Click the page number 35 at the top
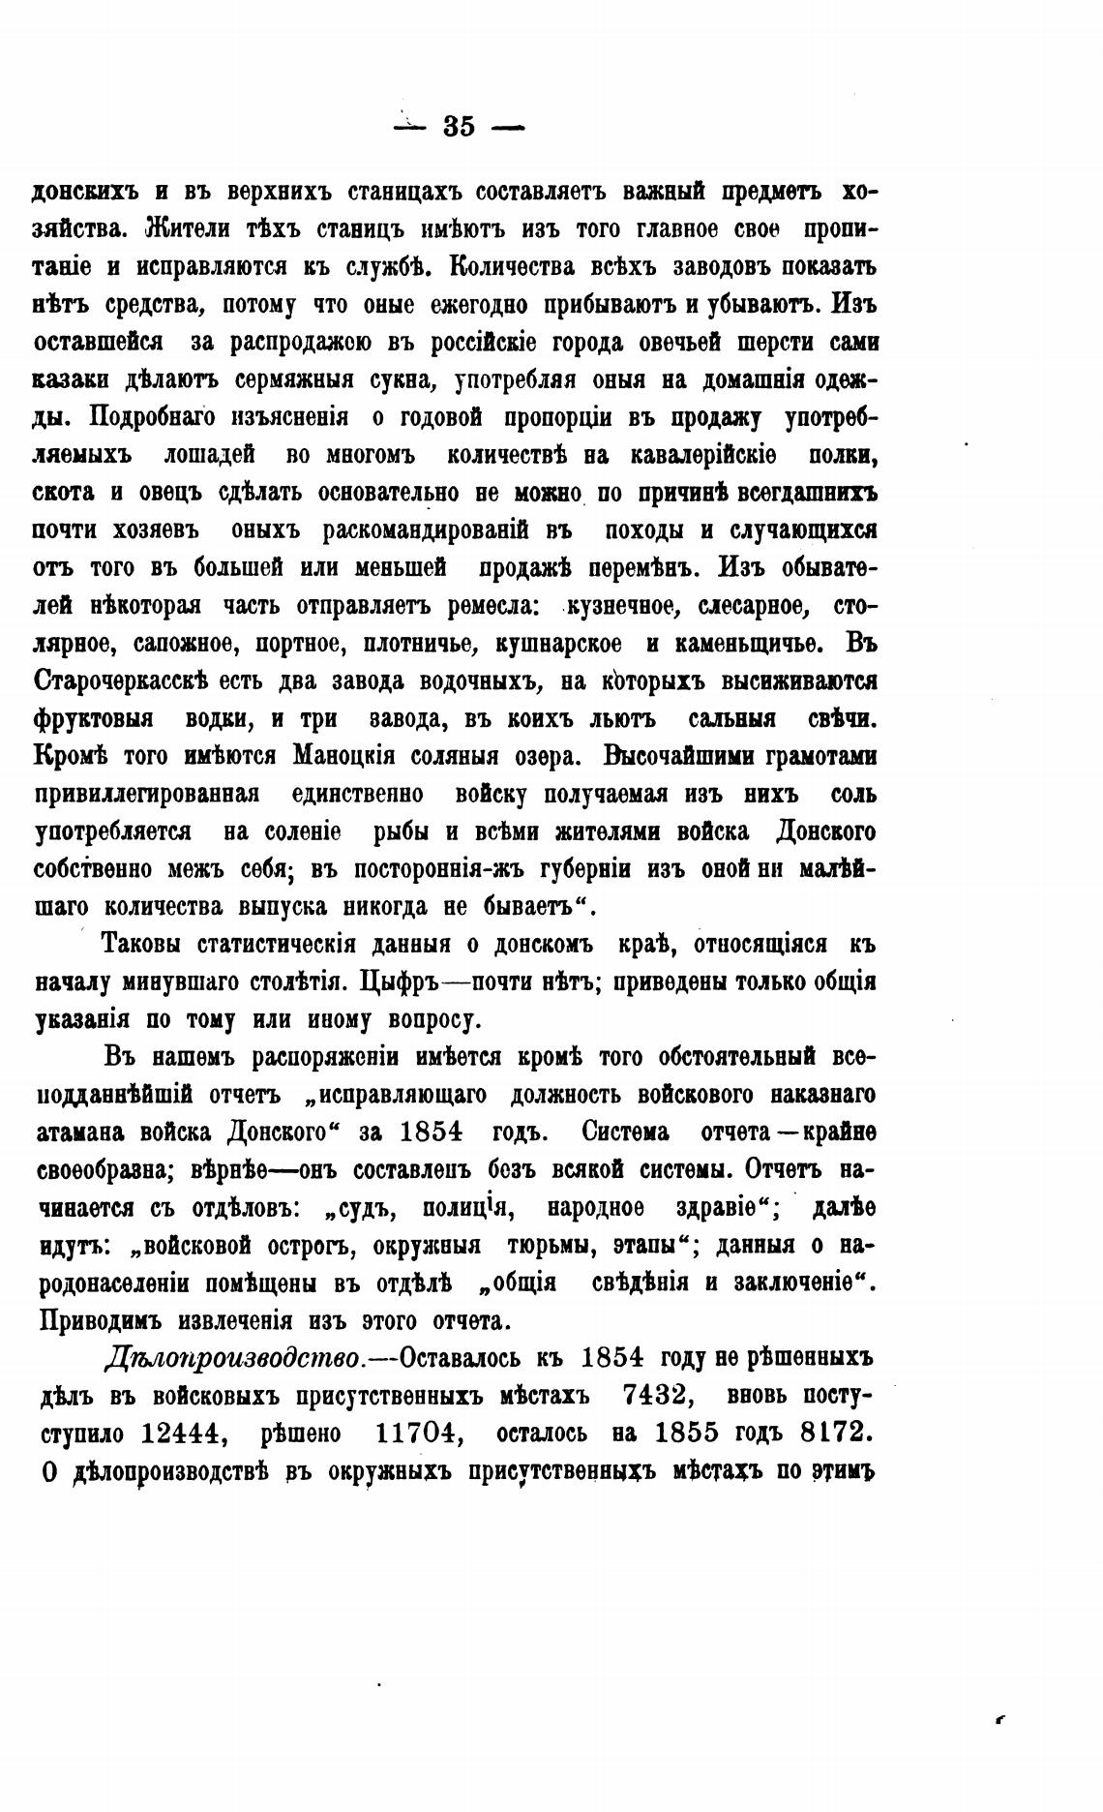coord(459,127)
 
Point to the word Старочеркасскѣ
coord(122,681)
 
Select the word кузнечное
coord(619,607)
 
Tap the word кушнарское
coord(558,644)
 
